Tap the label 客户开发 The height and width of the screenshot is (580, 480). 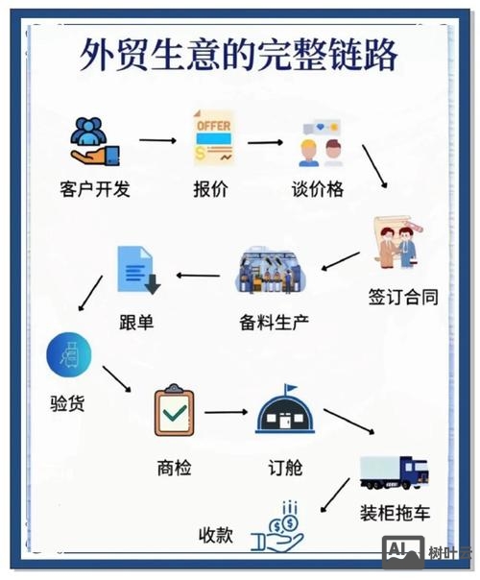pos(94,189)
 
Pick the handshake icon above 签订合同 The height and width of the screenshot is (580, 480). pos(399,243)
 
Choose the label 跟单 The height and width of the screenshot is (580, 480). pos(135,323)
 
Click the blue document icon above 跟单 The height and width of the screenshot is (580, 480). pos(136,270)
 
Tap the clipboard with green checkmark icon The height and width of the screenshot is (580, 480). pos(175,411)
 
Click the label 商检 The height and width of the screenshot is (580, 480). pos(174,468)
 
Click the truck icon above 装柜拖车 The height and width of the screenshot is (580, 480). pos(394,471)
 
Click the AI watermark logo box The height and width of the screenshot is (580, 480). pos(403,549)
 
